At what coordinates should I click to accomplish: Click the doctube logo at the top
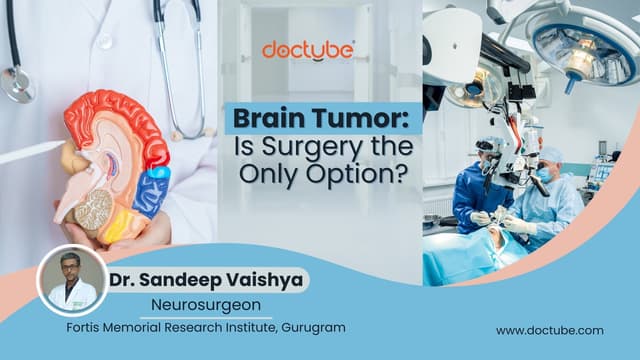pyautogui.click(x=308, y=50)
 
